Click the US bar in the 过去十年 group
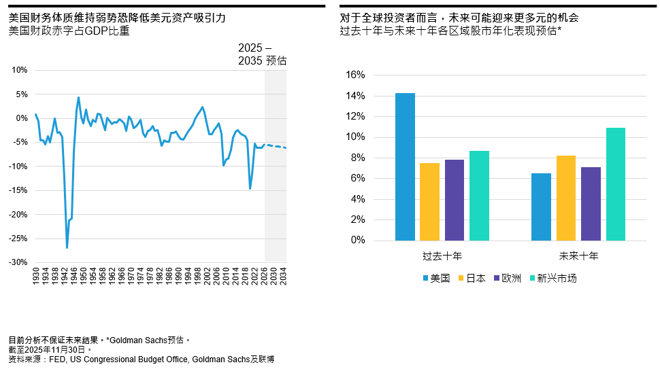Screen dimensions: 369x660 coord(405,167)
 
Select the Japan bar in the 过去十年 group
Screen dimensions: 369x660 coord(429,202)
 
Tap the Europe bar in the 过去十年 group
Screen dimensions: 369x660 coord(455,200)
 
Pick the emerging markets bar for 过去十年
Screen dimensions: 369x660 coord(479,196)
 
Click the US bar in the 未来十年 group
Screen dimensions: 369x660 coord(541,207)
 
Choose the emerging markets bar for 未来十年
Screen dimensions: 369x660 coord(615,184)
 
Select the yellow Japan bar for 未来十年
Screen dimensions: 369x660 coord(565,198)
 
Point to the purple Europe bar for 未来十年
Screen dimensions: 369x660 coord(591,204)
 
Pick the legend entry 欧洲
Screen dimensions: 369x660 coord(511,278)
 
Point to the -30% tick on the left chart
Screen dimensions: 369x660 coord(18,262)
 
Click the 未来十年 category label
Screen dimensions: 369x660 coord(578,257)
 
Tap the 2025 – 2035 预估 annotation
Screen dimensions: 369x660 coord(262,54)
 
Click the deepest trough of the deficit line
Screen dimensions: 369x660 coord(67,247)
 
